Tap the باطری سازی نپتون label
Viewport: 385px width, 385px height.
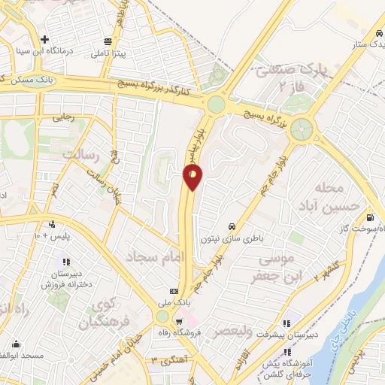pos(231,238)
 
